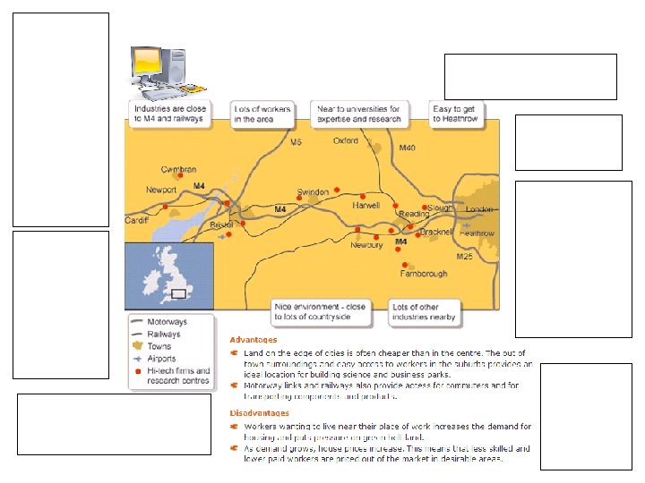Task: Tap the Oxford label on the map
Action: click(x=345, y=140)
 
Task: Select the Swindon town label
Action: click(x=313, y=192)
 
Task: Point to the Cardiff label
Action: click(x=136, y=220)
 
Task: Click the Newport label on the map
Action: click(x=161, y=190)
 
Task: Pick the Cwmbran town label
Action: click(x=178, y=169)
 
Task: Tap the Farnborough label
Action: click(x=424, y=274)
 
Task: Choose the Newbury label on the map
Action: click(x=366, y=244)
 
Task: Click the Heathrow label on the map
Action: click(x=477, y=233)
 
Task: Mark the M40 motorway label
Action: click(x=407, y=147)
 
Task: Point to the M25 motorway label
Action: click(x=464, y=257)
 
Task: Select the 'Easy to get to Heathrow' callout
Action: click(x=456, y=113)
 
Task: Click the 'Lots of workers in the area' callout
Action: click(x=262, y=113)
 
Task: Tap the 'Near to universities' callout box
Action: click(x=360, y=113)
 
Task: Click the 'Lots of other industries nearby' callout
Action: click(x=424, y=311)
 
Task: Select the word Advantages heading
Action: click(x=254, y=340)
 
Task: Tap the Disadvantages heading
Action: click(x=260, y=413)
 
